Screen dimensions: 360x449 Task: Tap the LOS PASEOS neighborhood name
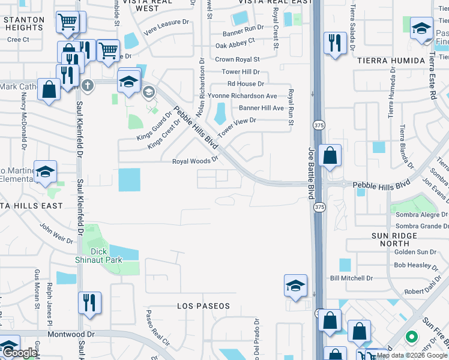tap(203, 306)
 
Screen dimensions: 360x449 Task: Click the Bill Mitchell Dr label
tap(351, 278)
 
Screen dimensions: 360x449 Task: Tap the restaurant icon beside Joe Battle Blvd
tap(334, 43)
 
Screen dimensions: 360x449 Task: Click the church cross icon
tap(88, 85)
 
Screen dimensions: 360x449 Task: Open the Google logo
tap(19, 353)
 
